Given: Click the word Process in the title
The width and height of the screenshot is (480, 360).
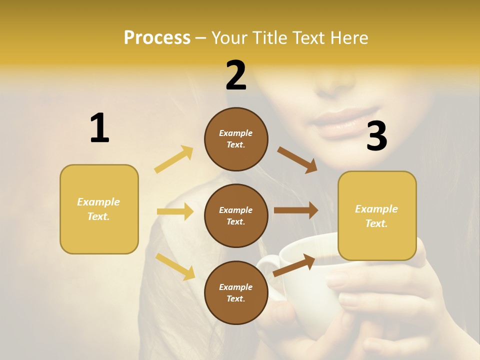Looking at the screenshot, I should pos(157,37).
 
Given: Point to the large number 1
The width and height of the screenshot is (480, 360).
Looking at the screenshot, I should pos(99,128).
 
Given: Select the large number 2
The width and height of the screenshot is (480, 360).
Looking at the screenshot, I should pos(236,76).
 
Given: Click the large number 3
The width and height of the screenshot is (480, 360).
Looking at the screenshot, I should pos(376,136).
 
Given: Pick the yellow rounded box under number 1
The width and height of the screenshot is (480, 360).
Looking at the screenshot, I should pos(99,209).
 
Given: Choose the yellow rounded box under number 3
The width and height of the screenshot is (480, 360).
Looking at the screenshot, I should pos(377,215).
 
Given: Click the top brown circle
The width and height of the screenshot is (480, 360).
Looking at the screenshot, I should pos(236,139).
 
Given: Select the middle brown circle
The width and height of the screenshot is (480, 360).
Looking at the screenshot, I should pos(236,215).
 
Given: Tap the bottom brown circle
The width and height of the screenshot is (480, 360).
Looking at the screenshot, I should pos(236,292).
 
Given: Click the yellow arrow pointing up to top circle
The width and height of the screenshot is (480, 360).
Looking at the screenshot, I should pos(174,159).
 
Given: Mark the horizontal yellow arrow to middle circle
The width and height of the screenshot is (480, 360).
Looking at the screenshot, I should pos(175,211).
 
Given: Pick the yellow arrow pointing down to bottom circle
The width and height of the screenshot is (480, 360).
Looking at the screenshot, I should pos(175,266).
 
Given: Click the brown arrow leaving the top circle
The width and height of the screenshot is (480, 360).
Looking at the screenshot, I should pos(297,159).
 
